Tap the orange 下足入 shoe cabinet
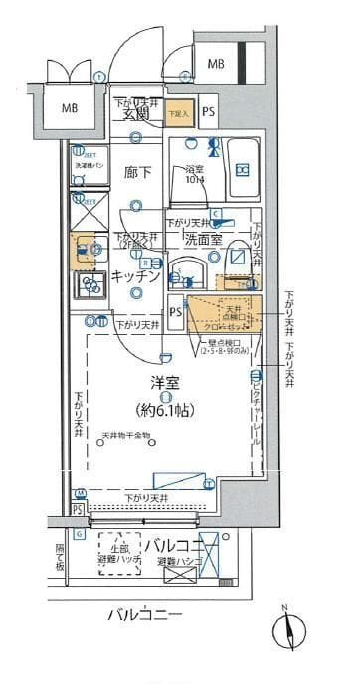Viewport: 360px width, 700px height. tap(180, 114)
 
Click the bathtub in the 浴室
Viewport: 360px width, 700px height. tap(241, 169)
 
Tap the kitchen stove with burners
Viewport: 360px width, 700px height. tap(91, 286)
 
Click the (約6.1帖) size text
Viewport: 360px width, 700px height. tap(165, 408)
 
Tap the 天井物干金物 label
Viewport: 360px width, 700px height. tap(124, 436)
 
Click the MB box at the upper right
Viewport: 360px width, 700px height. tap(216, 65)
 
